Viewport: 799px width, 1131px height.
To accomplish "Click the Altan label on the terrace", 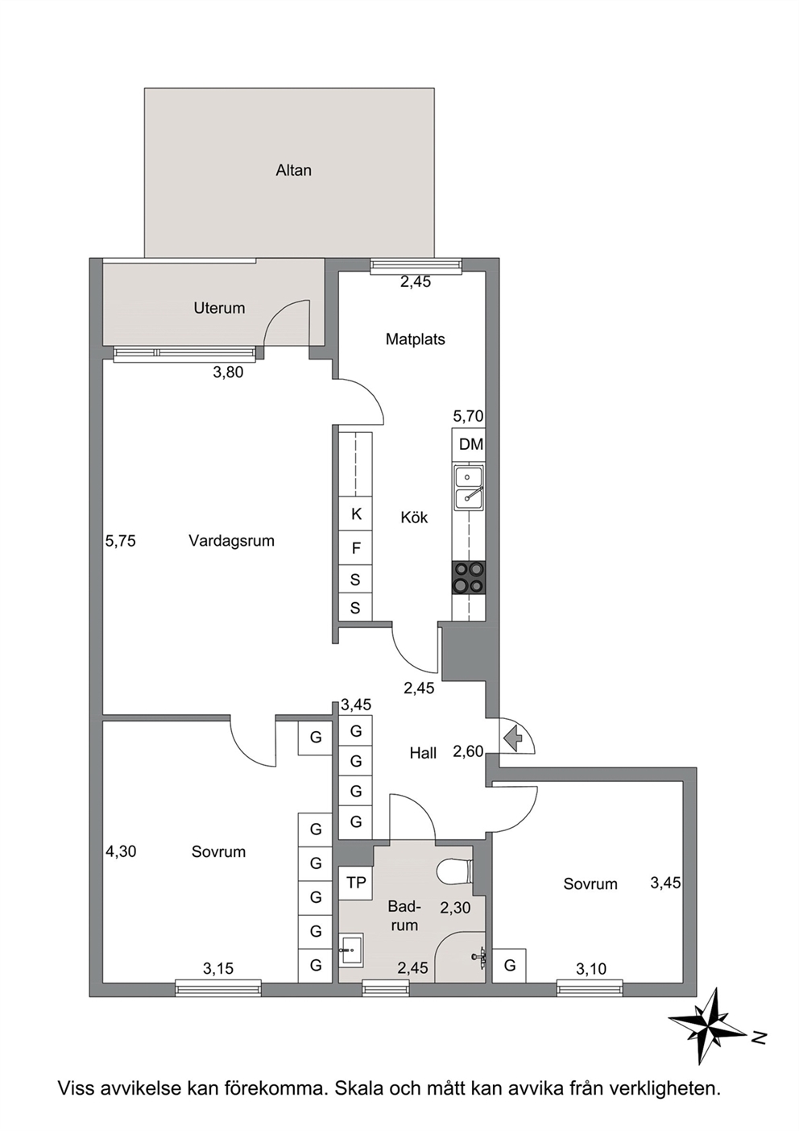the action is (x=293, y=170).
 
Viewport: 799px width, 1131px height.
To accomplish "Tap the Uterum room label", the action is (x=219, y=308).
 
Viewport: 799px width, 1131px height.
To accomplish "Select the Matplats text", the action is (x=415, y=339).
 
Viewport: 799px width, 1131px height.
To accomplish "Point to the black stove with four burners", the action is (x=469, y=577).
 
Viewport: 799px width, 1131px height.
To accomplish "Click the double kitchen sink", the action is (x=469, y=487).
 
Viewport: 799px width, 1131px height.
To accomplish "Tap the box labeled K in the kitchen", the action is (x=356, y=514).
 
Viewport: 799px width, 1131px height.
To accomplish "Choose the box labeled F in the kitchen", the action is (x=356, y=548).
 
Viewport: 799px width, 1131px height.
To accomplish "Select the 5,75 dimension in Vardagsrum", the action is (x=121, y=541).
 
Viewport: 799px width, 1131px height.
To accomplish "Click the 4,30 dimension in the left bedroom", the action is (x=121, y=852).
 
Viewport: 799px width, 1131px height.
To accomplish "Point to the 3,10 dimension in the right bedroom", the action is (x=591, y=967).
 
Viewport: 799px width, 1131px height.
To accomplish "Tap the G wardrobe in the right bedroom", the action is (x=510, y=966).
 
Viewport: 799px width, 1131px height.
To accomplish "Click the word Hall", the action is (x=423, y=753).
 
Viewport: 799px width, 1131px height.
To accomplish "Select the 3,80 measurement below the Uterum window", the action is (x=228, y=372).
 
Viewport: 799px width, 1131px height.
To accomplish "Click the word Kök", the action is (x=414, y=518).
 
